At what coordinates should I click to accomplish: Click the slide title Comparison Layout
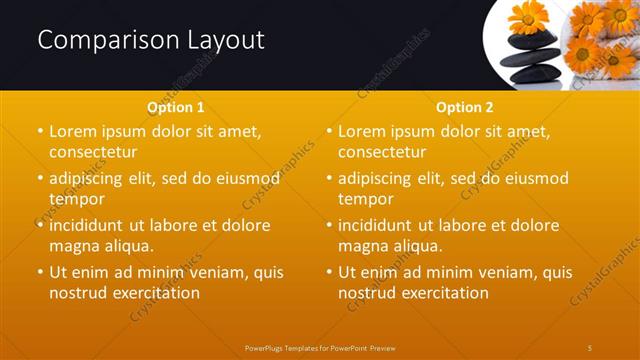(151, 40)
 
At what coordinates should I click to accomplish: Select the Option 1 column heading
(176, 107)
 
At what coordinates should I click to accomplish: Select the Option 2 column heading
(465, 107)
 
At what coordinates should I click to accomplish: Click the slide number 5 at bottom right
(591, 347)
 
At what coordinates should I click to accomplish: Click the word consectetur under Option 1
(92, 152)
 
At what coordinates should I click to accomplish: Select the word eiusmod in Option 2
(535, 178)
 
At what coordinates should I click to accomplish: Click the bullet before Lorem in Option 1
(40, 131)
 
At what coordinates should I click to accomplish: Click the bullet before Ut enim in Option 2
(329, 272)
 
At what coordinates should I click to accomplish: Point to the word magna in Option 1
(73, 246)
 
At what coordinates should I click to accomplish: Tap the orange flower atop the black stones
(528, 18)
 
